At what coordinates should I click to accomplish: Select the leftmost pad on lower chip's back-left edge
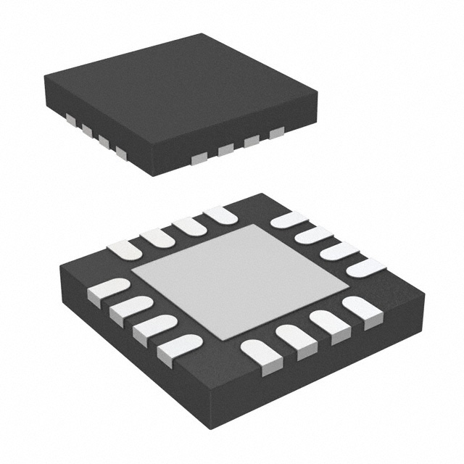pos(125,249)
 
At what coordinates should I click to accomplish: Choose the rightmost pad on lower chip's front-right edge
pos(362,308)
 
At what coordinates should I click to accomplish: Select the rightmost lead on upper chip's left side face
pos(120,151)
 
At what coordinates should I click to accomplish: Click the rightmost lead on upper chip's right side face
pos(276,133)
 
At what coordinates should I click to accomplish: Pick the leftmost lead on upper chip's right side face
pos(196,157)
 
